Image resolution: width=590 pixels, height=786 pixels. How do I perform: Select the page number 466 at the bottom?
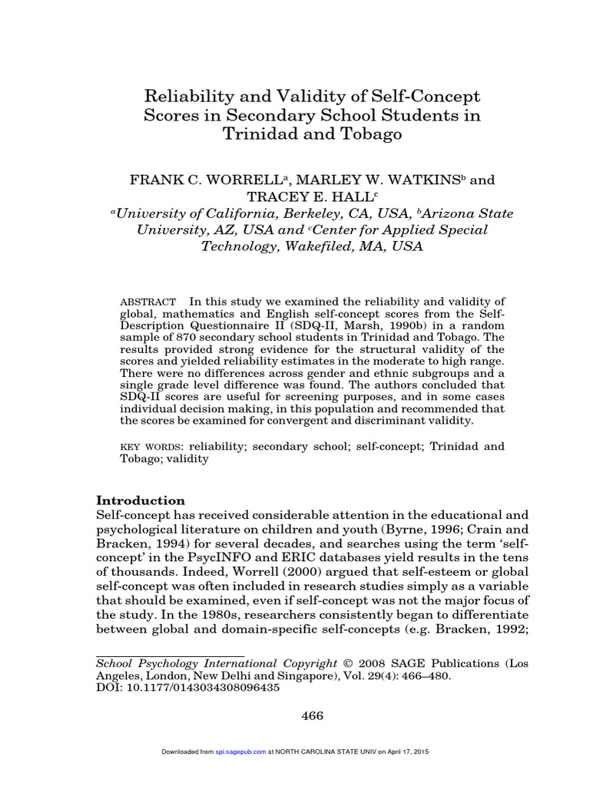(x=312, y=716)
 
